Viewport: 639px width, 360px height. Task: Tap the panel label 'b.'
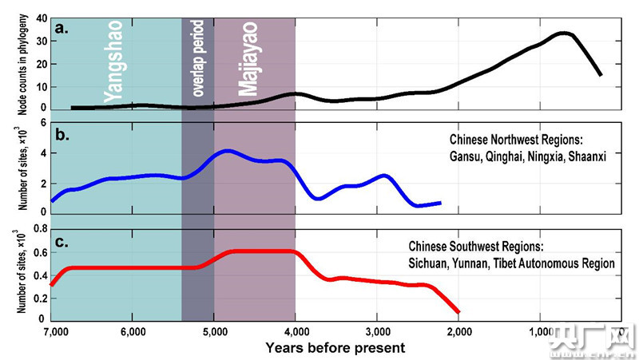[x=62, y=133]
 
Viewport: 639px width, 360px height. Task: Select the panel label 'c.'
[x=62, y=240]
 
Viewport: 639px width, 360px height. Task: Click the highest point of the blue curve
[x=228, y=151]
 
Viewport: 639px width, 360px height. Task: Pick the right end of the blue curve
[x=440, y=203]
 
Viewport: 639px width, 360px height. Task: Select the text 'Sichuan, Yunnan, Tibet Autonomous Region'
[x=511, y=263]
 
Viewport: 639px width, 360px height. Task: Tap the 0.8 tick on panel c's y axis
[x=35, y=232]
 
